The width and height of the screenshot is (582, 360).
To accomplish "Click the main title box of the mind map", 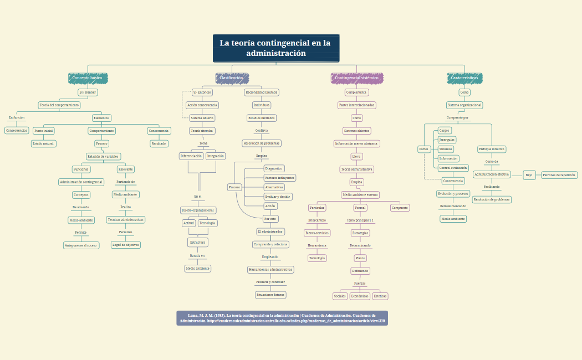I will pos(276,48).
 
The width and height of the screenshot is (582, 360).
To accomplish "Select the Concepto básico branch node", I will pos(88,78).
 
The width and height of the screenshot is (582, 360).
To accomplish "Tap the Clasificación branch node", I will pos(232,78).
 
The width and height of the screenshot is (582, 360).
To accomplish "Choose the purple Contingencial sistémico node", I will pos(357,78).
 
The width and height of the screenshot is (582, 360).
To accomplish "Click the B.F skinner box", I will pos(88,92).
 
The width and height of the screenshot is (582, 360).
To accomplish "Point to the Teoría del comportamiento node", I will pos(59,105).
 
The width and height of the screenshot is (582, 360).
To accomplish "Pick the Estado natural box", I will pos(44,143).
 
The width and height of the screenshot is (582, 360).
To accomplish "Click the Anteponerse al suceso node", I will pos(81,245).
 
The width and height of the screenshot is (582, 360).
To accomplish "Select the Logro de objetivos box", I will pos(126,245).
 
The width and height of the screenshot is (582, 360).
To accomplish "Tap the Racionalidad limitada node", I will pos(262,92).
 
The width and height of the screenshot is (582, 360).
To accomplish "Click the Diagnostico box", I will pos(274,168).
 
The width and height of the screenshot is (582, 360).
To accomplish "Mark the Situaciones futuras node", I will pos(270,295).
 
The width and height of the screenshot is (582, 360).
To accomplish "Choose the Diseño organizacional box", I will pos(198,210).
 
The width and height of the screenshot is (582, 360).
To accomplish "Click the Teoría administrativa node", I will pos(357,169).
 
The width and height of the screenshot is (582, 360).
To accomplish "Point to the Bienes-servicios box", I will pos(317,233).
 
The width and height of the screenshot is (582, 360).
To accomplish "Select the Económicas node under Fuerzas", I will pos(360,296).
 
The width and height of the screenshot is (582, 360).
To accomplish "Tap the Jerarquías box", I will pos(447,140).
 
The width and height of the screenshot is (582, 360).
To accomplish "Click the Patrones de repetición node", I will pos(559,175).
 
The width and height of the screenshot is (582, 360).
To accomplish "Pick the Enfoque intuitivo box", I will pos(492,149).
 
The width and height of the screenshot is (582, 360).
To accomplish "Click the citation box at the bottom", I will pos(282,318).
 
